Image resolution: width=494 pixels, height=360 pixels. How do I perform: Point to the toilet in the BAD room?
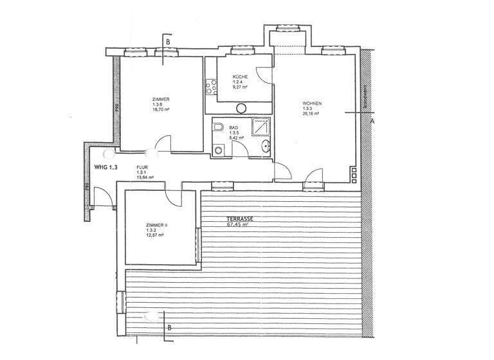(218, 129)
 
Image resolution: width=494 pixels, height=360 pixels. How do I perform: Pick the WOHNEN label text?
(312, 103)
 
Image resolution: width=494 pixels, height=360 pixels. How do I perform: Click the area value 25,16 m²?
(311, 114)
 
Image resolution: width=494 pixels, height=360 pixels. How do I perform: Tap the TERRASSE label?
(239, 219)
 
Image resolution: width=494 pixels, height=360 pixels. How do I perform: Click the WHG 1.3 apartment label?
(107, 167)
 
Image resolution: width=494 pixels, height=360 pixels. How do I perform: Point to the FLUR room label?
(142, 167)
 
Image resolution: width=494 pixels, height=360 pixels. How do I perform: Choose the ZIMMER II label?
(156, 225)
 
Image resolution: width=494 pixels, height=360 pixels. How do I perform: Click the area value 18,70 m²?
(161, 110)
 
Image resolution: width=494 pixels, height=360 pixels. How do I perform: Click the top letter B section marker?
(169, 42)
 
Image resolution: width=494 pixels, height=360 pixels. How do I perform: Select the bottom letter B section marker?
(169, 327)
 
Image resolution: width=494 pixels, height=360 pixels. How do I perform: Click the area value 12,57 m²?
(155, 235)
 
